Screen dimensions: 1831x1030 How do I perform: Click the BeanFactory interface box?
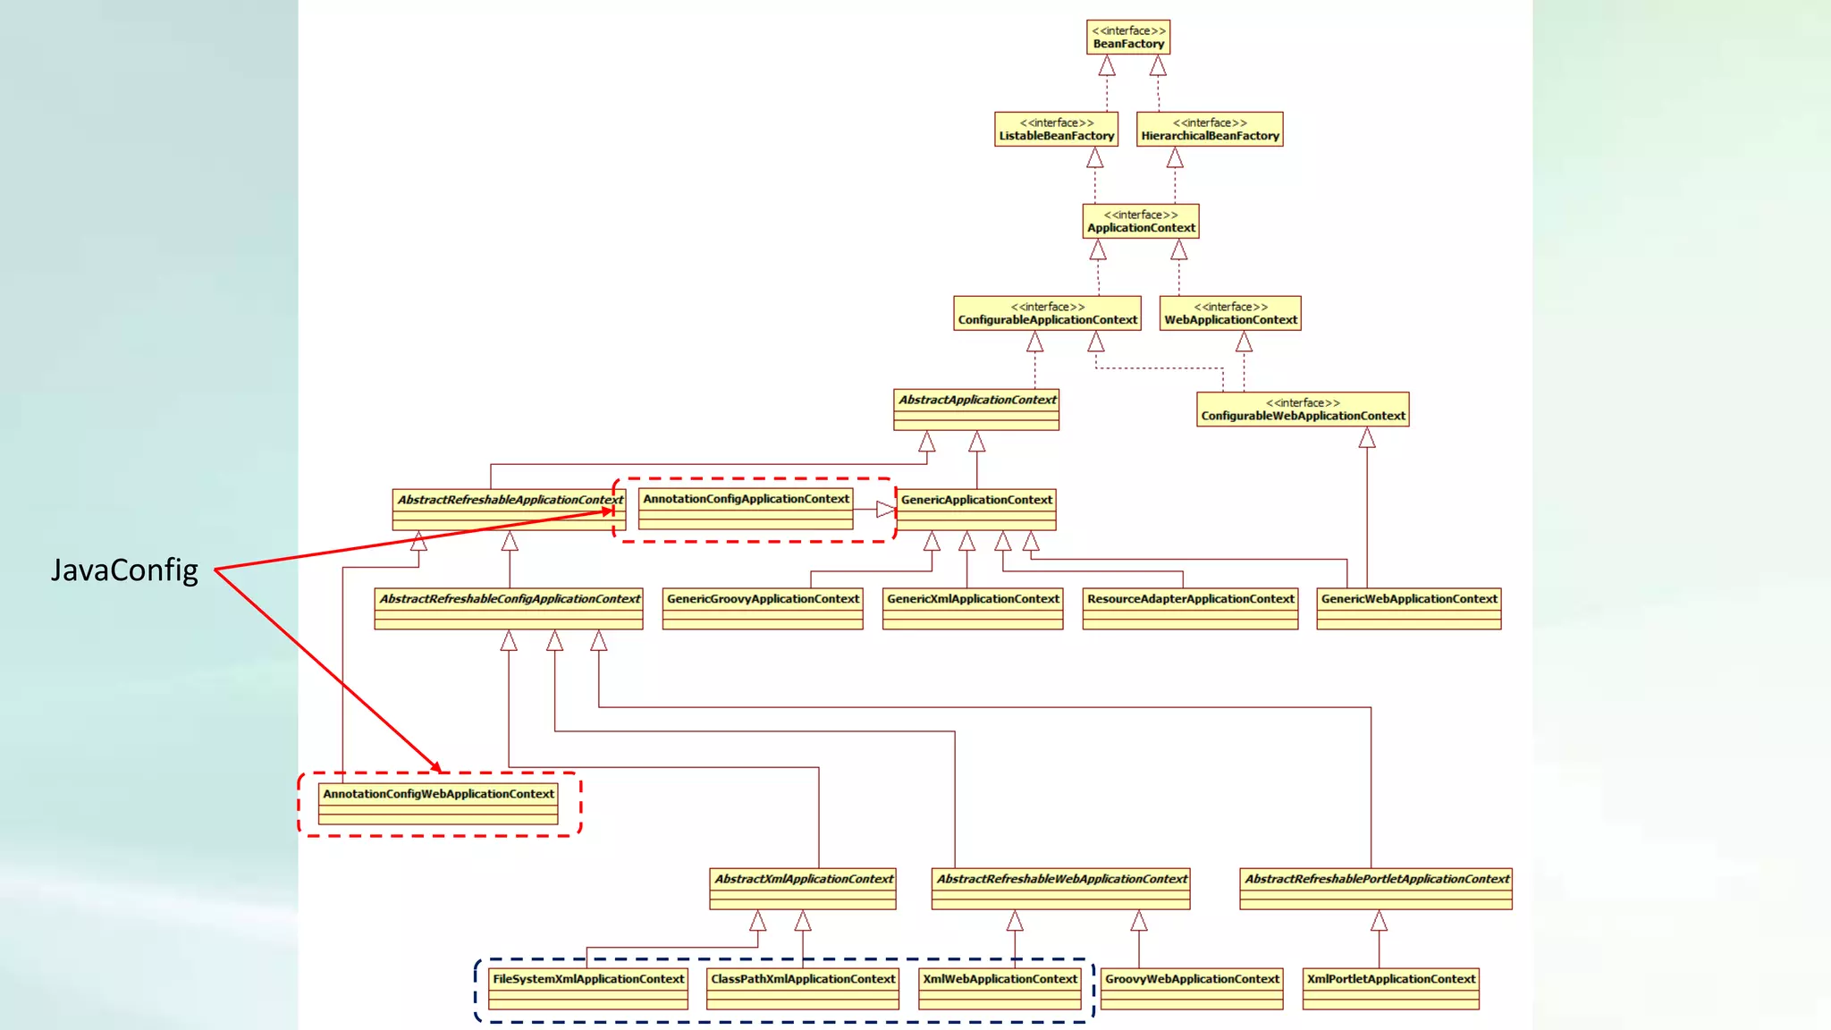(1128, 38)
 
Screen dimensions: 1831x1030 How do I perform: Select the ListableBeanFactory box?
(1056, 130)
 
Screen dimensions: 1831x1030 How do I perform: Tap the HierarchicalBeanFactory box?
(1210, 130)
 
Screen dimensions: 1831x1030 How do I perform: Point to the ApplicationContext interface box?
(1141, 222)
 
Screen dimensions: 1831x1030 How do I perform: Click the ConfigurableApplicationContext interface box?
(1047, 314)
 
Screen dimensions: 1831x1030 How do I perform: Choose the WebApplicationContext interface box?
(1230, 314)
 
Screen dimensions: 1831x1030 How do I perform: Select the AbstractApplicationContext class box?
(976, 409)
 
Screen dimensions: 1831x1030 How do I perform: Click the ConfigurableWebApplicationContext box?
(1303, 409)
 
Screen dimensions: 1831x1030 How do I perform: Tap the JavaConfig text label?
(124, 570)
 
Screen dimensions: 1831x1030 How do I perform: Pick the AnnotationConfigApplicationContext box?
(746, 509)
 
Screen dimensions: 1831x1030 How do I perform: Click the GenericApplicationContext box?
(976, 510)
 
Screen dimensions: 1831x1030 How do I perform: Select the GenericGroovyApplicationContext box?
(763, 609)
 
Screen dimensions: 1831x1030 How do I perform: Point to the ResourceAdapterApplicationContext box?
(1190, 609)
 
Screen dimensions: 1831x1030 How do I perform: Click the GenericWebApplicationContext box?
(1408, 609)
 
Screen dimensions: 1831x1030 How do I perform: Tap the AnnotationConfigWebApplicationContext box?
(438, 804)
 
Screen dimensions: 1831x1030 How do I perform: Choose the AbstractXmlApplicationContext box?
(803, 889)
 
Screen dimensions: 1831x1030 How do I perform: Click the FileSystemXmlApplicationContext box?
(588, 989)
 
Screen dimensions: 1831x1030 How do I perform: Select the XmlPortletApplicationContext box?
(1390, 989)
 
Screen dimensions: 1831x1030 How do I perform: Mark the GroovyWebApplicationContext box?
(1192, 989)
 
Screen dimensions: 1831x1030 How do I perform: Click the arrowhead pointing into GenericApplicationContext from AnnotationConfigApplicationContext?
(885, 510)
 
